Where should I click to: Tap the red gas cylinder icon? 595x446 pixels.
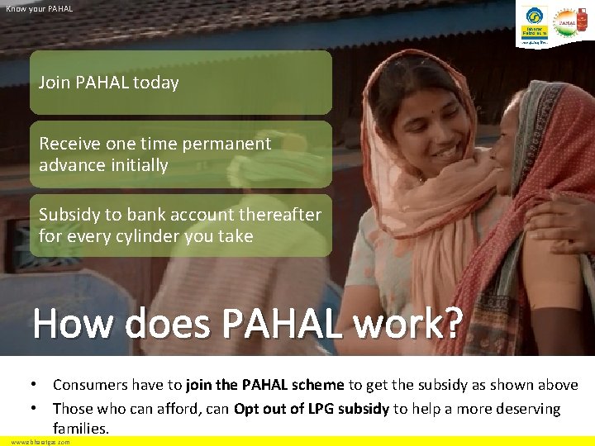(x=582, y=23)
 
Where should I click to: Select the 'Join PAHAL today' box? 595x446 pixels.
(x=181, y=83)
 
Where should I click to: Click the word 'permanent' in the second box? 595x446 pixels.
(x=232, y=144)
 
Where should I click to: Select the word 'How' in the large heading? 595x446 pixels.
(x=73, y=325)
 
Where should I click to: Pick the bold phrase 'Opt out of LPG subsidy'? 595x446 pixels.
(x=312, y=409)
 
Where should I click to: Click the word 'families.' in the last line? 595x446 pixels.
(x=81, y=429)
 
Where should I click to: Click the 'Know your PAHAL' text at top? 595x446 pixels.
(x=40, y=8)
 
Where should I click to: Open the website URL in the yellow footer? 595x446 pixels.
(x=40, y=442)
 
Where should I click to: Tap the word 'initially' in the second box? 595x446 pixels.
(x=137, y=165)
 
